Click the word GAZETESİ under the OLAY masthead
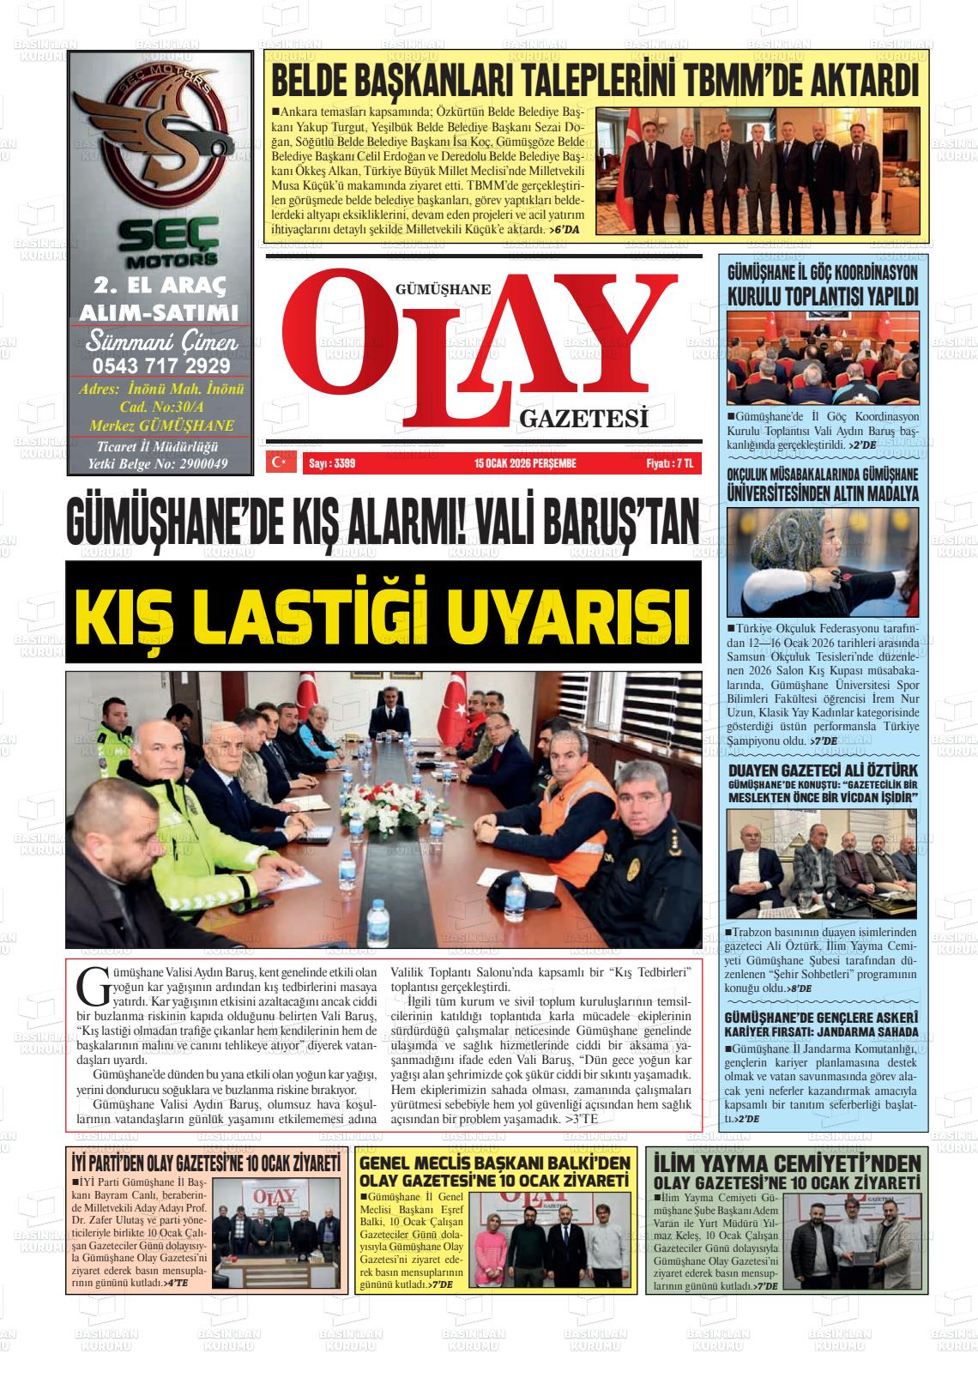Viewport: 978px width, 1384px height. (583, 418)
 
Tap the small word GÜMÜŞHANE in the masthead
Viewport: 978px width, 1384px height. (444, 290)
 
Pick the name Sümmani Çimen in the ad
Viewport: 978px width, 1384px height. (160, 342)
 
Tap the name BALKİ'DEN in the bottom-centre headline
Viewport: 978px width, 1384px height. (583, 1163)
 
